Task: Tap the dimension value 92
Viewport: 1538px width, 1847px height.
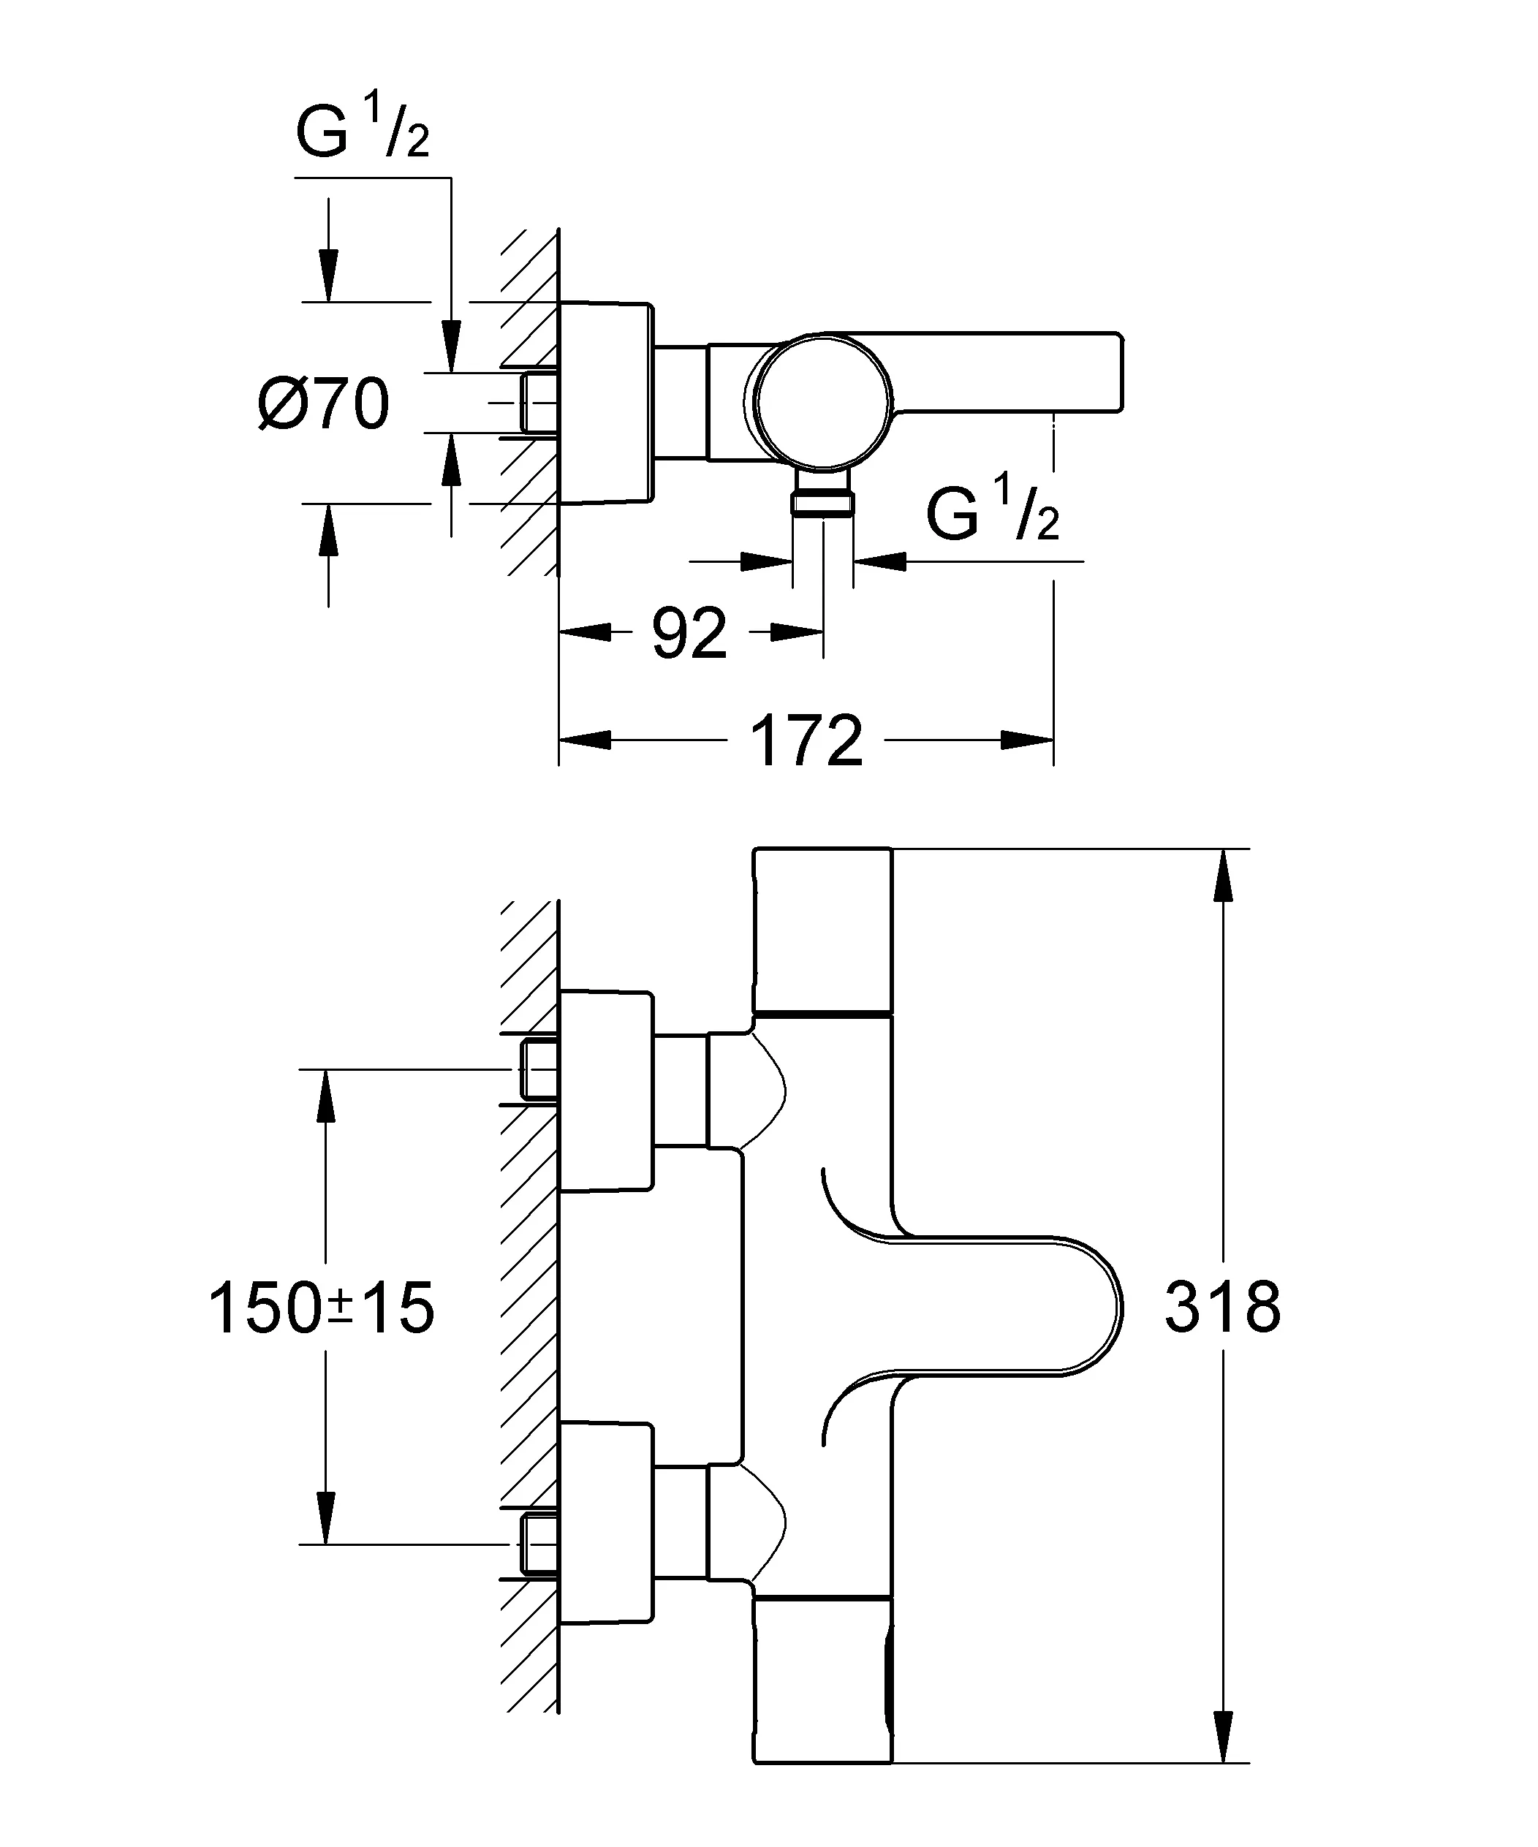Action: click(x=690, y=632)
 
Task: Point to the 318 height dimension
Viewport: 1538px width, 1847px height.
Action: click(x=1222, y=1307)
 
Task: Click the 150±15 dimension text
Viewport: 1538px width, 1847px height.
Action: click(x=321, y=1308)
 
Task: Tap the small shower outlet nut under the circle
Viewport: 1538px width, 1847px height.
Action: click(x=822, y=502)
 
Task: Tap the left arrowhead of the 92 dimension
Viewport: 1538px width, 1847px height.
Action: click(x=585, y=632)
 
